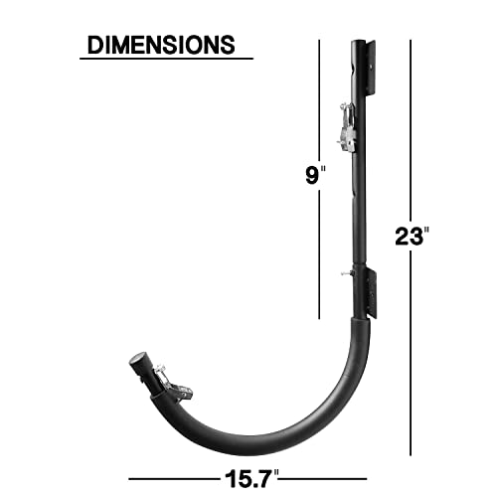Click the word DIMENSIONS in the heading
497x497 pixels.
click(161, 45)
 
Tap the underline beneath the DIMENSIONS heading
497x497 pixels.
click(166, 59)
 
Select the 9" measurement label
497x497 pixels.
click(315, 175)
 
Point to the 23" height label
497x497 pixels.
click(412, 237)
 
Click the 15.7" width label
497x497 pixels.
click(251, 479)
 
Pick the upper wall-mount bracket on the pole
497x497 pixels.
click(371, 67)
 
